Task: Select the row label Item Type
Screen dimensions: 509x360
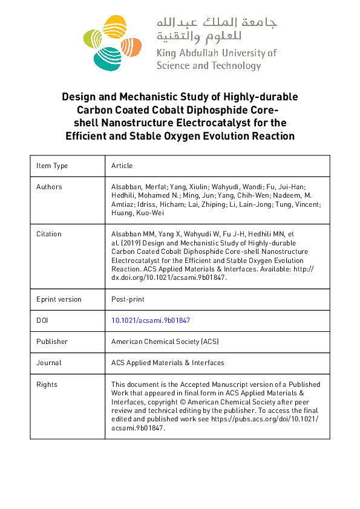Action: [x=52, y=166]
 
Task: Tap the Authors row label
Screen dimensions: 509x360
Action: [x=49, y=187]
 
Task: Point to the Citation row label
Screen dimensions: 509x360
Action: [x=49, y=234]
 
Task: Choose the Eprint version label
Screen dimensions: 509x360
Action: [x=59, y=299]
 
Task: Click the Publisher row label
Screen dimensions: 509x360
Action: [x=52, y=342]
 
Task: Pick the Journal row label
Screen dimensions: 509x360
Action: [x=48, y=363]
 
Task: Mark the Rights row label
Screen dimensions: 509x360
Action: [x=47, y=384]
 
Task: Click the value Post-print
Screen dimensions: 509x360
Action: [x=128, y=299]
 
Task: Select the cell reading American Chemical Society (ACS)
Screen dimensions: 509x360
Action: [x=165, y=342]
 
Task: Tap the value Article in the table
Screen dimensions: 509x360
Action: [x=122, y=166]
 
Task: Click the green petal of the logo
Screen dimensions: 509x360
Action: [x=91, y=40]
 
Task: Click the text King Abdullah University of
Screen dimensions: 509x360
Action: [x=216, y=53]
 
